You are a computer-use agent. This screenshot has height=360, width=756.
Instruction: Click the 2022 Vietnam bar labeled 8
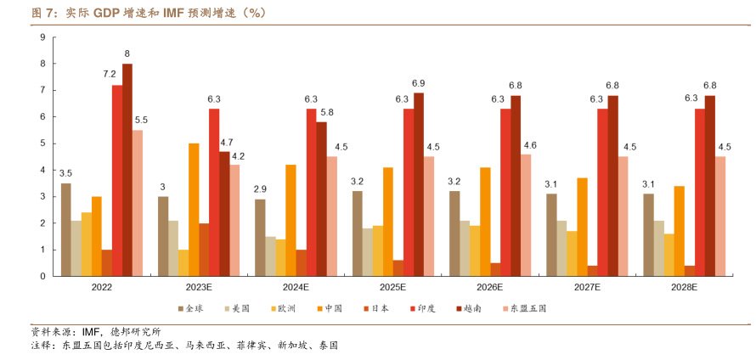click(127, 170)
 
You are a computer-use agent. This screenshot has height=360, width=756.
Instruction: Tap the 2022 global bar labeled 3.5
click(66, 229)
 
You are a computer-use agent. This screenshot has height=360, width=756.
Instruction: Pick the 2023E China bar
click(194, 210)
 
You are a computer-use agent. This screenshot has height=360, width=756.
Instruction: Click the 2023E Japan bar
click(204, 250)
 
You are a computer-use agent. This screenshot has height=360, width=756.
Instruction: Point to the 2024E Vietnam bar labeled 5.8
click(321, 199)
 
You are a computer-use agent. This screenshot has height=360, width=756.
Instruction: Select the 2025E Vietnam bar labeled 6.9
click(418, 184)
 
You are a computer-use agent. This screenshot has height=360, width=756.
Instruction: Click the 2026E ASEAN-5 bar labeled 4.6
click(525, 215)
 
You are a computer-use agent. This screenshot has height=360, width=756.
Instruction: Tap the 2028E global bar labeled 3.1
click(649, 234)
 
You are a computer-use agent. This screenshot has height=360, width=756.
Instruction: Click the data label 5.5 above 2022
click(141, 120)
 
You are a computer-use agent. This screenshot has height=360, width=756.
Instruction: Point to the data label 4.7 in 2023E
click(227, 142)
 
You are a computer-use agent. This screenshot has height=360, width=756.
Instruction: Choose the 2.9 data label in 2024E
click(260, 188)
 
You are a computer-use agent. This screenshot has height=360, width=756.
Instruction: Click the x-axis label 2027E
click(587, 288)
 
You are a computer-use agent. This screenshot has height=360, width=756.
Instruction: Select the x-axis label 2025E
click(393, 288)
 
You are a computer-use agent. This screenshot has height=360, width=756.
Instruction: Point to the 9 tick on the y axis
click(42, 37)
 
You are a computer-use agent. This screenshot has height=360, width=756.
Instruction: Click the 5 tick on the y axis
click(42, 143)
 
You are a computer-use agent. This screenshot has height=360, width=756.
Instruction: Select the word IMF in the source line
click(92, 332)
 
